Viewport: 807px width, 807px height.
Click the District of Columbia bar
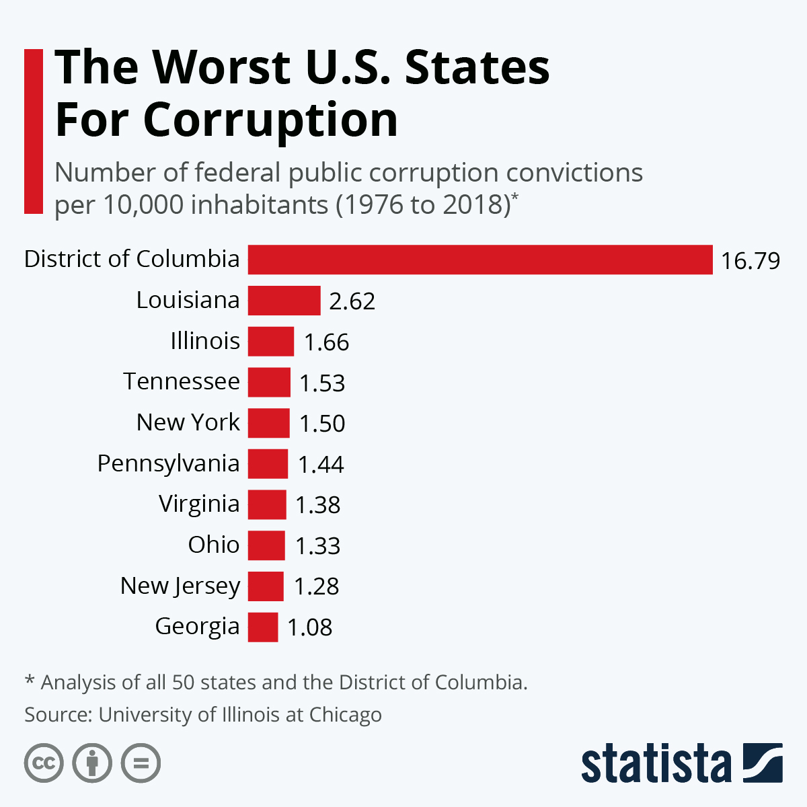(x=480, y=260)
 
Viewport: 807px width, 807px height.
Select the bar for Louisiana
(x=284, y=300)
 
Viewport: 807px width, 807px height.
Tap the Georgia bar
(x=262, y=627)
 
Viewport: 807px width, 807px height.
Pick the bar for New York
(x=268, y=423)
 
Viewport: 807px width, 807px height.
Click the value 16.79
(x=751, y=260)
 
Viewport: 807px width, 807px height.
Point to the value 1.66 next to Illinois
(x=326, y=342)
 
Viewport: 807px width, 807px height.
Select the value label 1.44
(x=321, y=465)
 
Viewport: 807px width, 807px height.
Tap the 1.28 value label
(x=316, y=586)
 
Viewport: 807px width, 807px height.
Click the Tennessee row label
(x=182, y=381)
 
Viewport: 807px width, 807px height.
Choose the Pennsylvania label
(x=168, y=464)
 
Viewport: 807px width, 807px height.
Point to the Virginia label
(x=199, y=504)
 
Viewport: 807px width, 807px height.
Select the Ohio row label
(x=214, y=545)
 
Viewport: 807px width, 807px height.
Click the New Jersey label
(x=180, y=586)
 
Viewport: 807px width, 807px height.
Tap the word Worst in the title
(x=221, y=67)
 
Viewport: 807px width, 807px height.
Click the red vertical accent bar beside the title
(x=34, y=132)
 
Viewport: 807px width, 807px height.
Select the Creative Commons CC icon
(x=44, y=763)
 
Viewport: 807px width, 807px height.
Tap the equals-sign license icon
(x=141, y=763)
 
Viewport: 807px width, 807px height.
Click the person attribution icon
(x=92, y=763)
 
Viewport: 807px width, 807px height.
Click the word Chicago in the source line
(x=346, y=716)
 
